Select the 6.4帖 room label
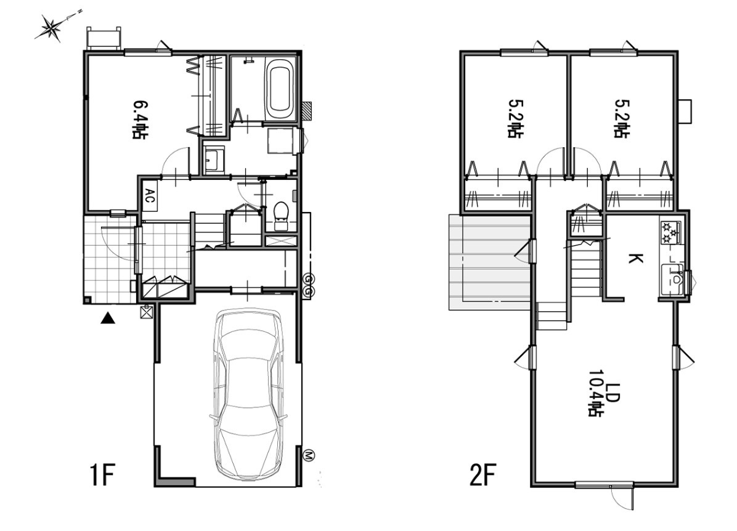click(139, 120)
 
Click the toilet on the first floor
click(281, 215)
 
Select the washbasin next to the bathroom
click(215, 160)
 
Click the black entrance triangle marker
click(108, 318)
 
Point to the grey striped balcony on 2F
click(489, 262)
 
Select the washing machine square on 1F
click(280, 141)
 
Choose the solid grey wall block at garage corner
click(176, 482)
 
